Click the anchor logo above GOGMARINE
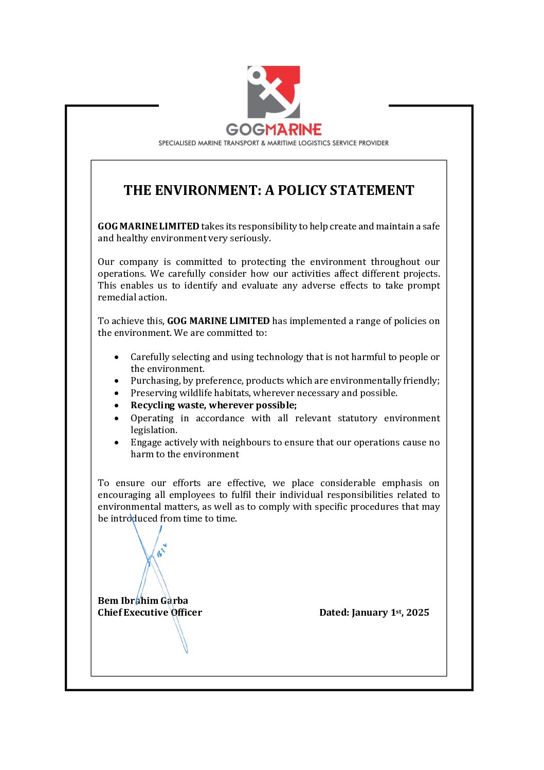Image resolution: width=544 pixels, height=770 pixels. (x=274, y=92)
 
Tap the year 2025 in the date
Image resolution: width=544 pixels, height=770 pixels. (x=418, y=613)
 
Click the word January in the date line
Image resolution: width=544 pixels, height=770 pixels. (x=370, y=613)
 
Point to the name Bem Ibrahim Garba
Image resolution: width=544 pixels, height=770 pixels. (x=143, y=601)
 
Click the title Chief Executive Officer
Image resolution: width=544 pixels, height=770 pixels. (x=150, y=613)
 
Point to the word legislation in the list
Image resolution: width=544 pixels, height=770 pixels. (x=153, y=430)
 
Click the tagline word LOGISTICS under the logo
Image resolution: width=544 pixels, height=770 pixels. (x=315, y=143)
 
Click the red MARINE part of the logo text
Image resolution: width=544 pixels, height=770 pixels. (x=294, y=129)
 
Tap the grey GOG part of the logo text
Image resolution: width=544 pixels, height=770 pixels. (x=245, y=129)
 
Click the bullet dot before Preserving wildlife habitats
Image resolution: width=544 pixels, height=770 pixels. (x=117, y=393)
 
